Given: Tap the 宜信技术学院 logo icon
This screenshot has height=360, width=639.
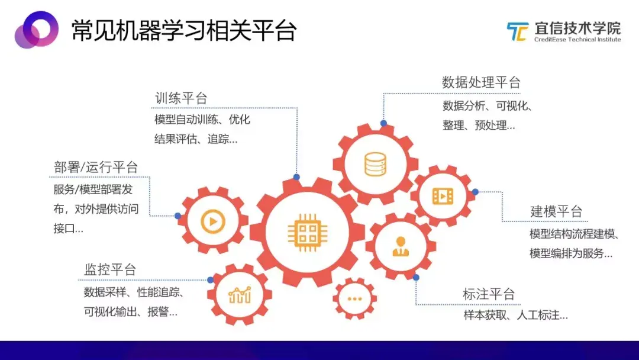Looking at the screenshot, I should coord(517,31).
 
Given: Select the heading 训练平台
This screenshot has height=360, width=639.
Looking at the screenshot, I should coord(181,98).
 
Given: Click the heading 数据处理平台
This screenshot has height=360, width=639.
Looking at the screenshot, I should coord(480,83).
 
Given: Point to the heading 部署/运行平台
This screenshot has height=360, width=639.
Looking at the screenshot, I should coord(95,168).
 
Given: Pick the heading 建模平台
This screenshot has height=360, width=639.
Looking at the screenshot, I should coord(556,211).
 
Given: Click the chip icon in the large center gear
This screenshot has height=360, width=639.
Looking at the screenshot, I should coord(304,229).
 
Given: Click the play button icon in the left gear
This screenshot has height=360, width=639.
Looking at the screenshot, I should coord(212,221).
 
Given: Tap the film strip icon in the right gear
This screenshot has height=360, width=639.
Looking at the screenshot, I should coord(443,195).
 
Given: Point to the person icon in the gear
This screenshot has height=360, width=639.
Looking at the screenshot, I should coord(401,246).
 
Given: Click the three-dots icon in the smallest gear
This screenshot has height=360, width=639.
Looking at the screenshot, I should coord(354,298).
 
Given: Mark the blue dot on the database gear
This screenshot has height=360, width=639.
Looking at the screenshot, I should coord(383,123).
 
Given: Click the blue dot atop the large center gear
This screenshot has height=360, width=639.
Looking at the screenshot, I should coord(296,177).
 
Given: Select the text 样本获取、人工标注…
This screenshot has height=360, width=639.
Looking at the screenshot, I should coord(515,316).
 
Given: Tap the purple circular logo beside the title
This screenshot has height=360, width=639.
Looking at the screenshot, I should coord(36,30).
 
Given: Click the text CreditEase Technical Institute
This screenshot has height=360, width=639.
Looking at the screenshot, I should coord(577,40).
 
